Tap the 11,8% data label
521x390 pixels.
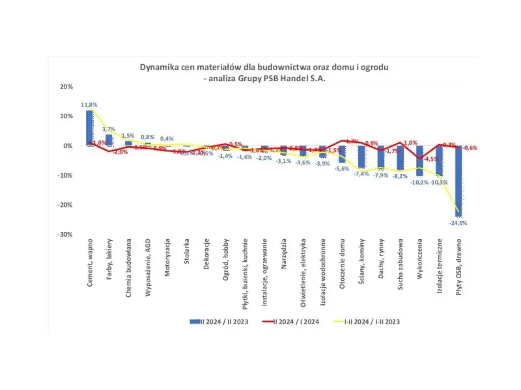89,105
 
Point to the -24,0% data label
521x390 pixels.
459,222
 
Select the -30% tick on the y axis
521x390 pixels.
65,234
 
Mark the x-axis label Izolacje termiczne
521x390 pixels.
440,266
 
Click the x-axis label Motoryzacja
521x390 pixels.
167,259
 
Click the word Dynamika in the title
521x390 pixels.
159,67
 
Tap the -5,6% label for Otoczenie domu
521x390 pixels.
342,168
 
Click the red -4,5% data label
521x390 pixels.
430,159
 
